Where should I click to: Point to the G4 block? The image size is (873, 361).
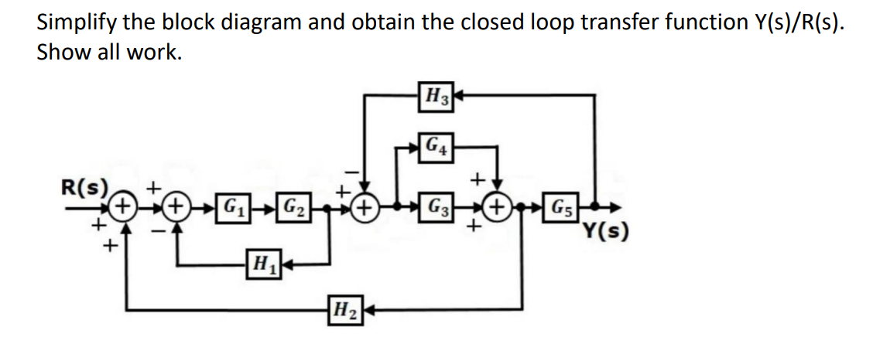tap(436, 145)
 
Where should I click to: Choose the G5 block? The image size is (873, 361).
tap(563, 208)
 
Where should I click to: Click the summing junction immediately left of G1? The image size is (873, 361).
tap(178, 208)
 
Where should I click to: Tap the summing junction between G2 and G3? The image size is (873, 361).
tap(365, 208)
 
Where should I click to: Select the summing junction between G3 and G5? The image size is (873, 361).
tap(496, 208)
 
